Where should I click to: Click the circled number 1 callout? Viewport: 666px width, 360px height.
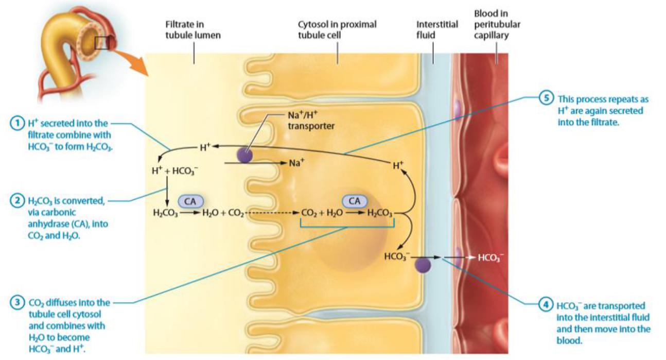(17, 124)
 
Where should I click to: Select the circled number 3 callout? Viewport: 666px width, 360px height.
(17, 303)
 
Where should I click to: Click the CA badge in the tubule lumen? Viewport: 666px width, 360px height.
(190, 201)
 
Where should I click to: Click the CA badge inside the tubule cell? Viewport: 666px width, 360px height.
(354, 201)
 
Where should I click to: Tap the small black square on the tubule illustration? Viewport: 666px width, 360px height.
(102, 43)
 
